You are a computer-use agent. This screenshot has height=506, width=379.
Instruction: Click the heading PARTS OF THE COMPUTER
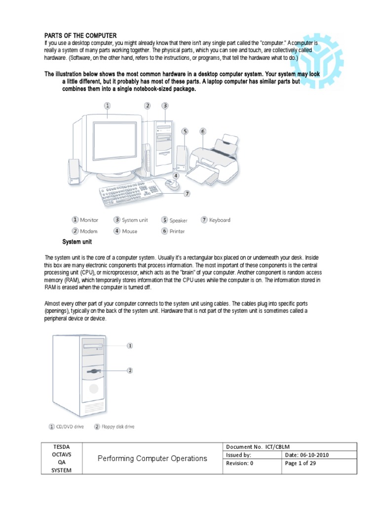point(81,36)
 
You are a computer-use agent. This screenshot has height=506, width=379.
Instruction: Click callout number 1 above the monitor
point(107,105)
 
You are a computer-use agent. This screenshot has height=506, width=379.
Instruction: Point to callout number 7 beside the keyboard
point(187,194)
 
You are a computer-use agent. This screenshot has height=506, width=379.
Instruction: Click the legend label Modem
point(89,231)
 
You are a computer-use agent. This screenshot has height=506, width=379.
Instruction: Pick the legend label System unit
point(135,220)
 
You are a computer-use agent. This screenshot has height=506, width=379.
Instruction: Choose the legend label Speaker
point(178,220)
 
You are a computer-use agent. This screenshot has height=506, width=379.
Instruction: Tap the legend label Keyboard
point(220,220)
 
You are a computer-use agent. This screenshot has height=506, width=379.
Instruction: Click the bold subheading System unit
point(77,242)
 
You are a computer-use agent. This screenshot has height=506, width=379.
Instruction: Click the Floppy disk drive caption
point(118,426)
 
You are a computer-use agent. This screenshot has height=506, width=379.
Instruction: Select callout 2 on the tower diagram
point(130,370)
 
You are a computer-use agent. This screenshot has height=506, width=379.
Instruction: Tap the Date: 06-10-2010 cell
point(306,455)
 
